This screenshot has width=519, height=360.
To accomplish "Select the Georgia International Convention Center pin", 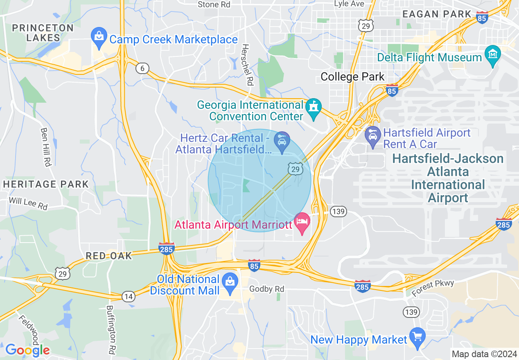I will [314, 108].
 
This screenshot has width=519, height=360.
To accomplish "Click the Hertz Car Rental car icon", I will [282, 141].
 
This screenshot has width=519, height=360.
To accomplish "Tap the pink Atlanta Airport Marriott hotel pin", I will [302, 222].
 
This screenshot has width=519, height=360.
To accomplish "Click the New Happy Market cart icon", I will [417, 337].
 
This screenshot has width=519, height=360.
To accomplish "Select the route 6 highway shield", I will [142, 68].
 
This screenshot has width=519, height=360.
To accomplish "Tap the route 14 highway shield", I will [129, 296].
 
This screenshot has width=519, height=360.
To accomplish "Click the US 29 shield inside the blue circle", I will [295, 169].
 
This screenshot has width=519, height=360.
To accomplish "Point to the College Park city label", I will [352, 76].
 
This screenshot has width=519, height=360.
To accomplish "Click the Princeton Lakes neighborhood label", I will [43, 33].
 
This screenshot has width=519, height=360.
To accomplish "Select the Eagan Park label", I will [437, 14].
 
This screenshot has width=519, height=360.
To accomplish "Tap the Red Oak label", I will [109, 256].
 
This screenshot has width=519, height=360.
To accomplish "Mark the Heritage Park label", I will [46, 184].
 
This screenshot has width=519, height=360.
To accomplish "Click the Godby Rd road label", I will [266, 289].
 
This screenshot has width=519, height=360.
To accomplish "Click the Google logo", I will [27, 350].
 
